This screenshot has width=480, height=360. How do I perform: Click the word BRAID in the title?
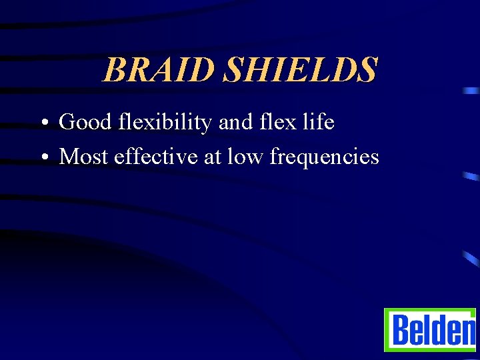(160, 70)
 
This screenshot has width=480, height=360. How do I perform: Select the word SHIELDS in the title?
(300, 70)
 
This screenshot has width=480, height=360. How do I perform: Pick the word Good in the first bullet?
(85, 123)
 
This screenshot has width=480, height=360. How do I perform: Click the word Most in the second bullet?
(85, 157)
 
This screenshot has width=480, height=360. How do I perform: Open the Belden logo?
(430, 329)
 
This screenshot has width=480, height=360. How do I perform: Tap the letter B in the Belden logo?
(400, 329)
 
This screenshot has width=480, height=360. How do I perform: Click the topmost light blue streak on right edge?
(472, 90)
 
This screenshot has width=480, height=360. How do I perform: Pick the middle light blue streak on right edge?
(471, 177)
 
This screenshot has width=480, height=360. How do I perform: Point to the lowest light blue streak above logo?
(471, 259)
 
